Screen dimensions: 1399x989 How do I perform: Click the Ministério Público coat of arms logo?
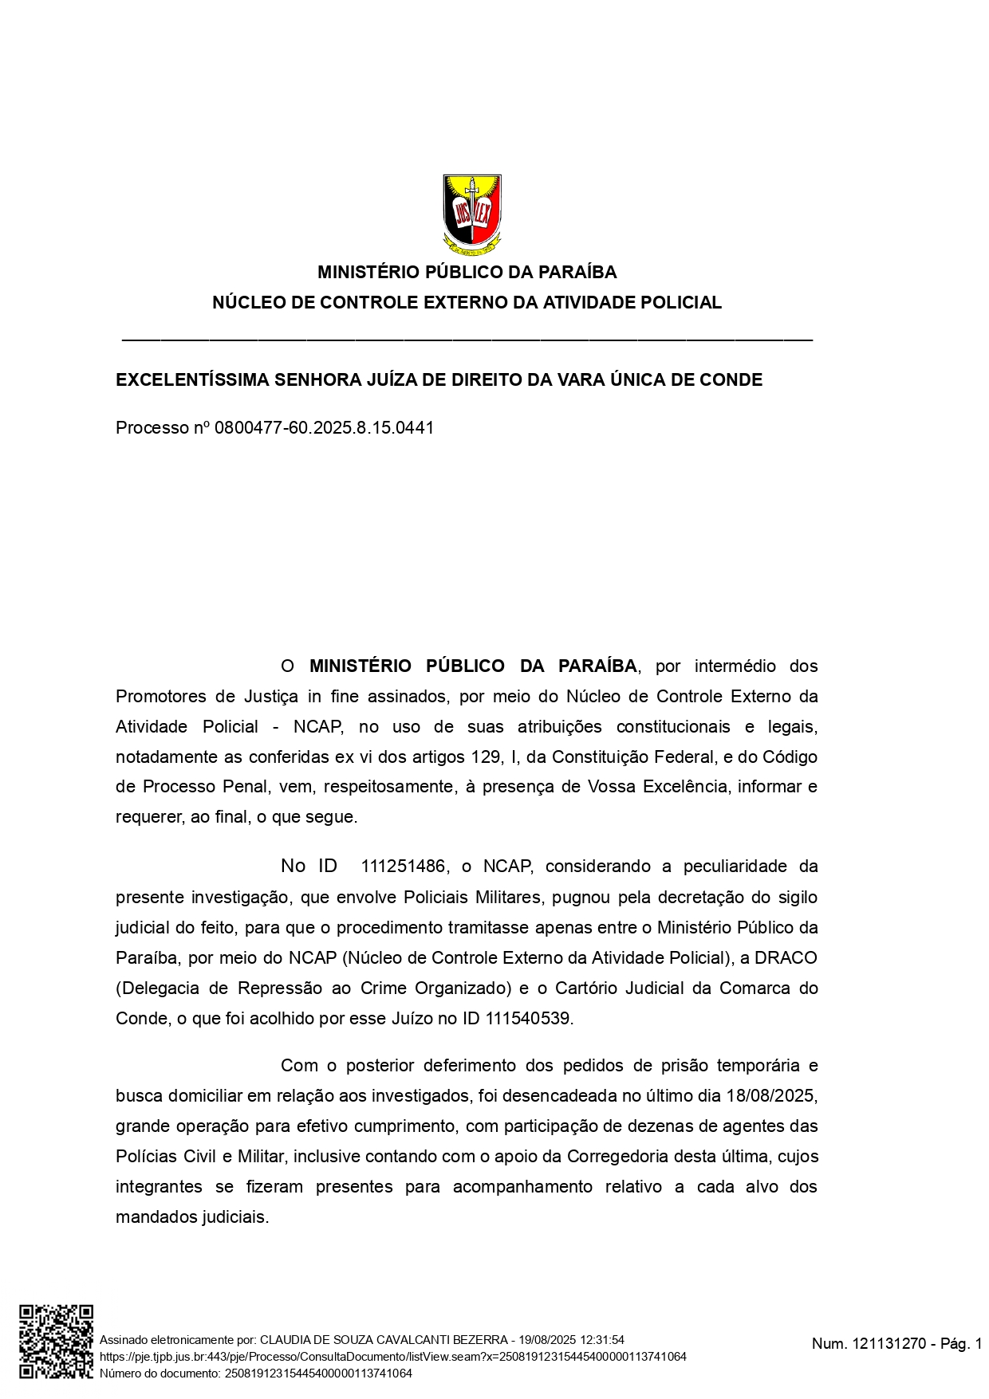tap(472, 214)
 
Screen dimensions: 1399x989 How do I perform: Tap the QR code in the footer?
tap(56, 1342)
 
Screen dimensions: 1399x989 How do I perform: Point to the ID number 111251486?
tap(403, 867)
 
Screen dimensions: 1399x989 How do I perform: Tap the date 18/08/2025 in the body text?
tap(770, 1096)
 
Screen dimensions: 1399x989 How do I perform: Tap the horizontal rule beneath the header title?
tap(467, 340)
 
